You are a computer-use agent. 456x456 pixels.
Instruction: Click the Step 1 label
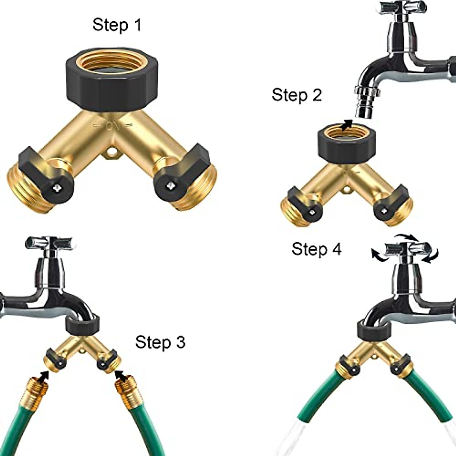(117, 25)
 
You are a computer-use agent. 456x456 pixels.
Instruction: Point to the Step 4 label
(317, 249)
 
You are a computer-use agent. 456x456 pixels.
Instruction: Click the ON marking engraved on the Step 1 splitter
(113, 126)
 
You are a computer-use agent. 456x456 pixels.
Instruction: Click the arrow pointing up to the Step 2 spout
(345, 125)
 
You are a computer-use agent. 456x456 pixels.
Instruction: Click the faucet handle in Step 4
(407, 249)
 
